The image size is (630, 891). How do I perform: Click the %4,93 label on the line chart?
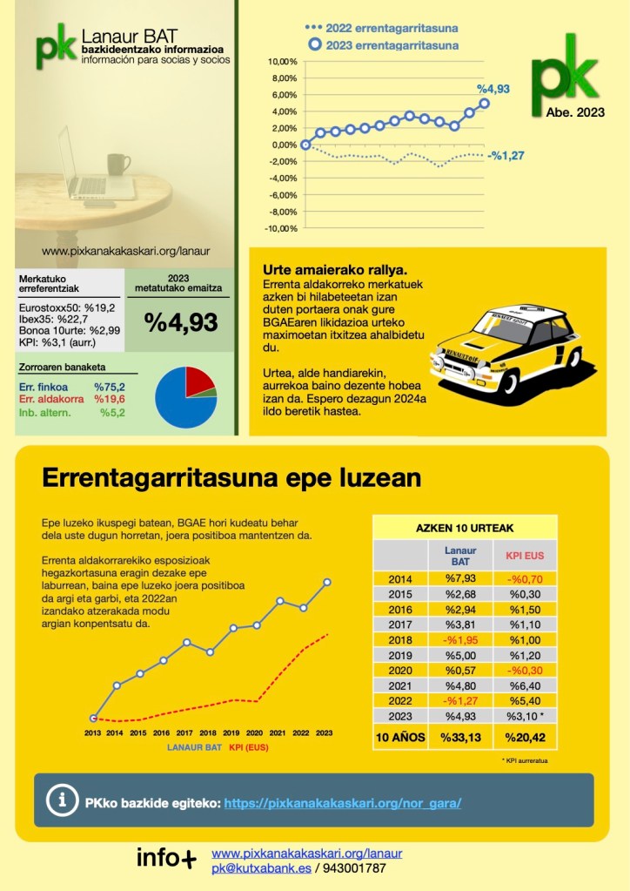(x=493, y=89)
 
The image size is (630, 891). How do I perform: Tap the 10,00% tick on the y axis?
(x=284, y=62)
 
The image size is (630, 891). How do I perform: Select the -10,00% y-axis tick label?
(x=282, y=228)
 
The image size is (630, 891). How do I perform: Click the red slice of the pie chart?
(x=199, y=380)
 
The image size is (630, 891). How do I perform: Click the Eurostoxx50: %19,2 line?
(x=67, y=307)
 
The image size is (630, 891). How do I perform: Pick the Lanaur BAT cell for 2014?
(x=460, y=578)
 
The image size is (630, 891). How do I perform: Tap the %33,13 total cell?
(x=460, y=737)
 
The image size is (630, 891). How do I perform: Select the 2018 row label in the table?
(x=400, y=639)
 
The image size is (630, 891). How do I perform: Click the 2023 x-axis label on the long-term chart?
(x=324, y=733)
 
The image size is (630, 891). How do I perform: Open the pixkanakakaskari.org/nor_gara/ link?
(x=343, y=803)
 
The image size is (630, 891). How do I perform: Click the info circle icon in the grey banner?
(x=60, y=800)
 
